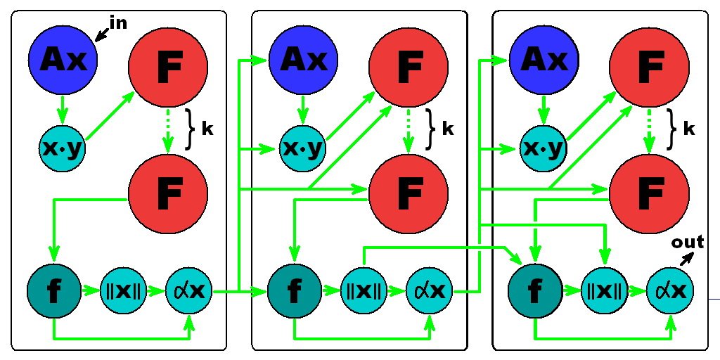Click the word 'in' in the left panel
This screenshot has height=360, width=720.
pyautogui.click(x=118, y=22)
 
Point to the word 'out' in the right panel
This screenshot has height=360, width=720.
pyautogui.click(x=687, y=242)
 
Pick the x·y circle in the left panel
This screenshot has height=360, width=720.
pyautogui.click(x=63, y=148)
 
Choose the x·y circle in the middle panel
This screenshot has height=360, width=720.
pyautogui.click(x=302, y=148)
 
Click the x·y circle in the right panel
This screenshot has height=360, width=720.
pyautogui.click(x=544, y=148)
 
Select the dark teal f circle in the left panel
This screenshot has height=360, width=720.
pyautogui.click(x=54, y=291)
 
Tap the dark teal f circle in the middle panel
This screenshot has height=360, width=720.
pyautogui.click(x=295, y=291)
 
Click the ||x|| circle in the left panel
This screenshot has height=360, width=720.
pyautogui.click(x=123, y=291)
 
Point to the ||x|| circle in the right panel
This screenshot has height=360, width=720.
pyautogui.click(x=604, y=291)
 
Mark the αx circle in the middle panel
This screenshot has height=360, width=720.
pyautogui.click(x=430, y=291)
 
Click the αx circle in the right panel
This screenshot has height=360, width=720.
pyautogui.click(x=670, y=291)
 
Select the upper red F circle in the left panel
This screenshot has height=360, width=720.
pyautogui.click(x=168, y=67)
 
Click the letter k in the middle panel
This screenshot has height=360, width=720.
pyautogui.click(x=448, y=130)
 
